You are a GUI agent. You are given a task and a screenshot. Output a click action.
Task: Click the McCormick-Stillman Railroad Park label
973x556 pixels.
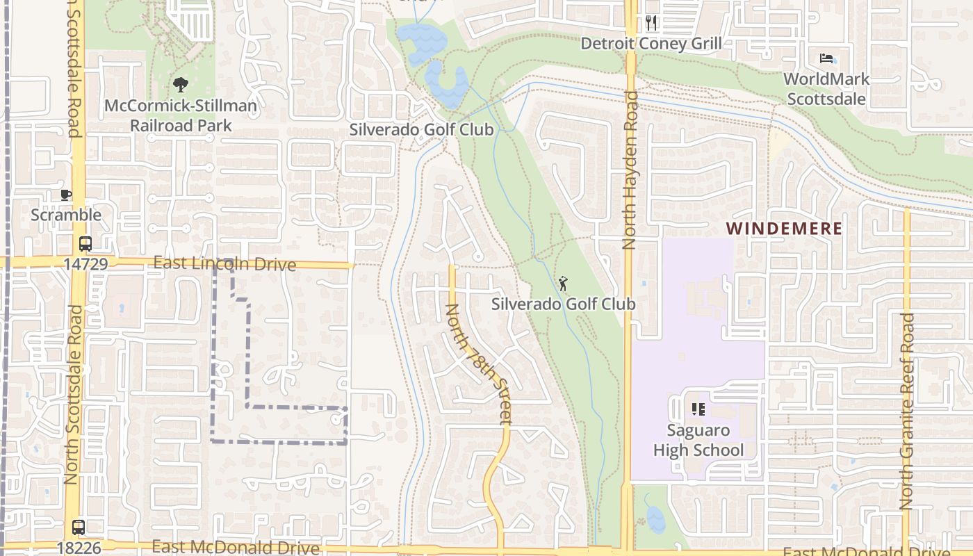pyautogui.click(x=181, y=116)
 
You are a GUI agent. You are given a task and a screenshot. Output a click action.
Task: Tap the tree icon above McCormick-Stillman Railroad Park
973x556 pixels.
pyautogui.click(x=181, y=85)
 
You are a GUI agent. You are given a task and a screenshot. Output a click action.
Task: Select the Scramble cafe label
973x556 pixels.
pyautogui.click(x=66, y=215)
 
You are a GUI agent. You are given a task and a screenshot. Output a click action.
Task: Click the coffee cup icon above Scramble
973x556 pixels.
pyautogui.click(x=66, y=195)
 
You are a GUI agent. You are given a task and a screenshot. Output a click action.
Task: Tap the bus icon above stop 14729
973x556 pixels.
pyautogui.click(x=85, y=244)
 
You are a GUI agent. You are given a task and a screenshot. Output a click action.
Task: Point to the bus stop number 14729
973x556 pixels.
pyautogui.click(x=85, y=264)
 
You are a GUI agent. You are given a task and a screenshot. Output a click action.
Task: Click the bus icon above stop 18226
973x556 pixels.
pyautogui.click(x=79, y=528)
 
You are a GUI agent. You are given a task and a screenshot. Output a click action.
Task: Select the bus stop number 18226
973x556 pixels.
pyautogui.click(x=79, y=548)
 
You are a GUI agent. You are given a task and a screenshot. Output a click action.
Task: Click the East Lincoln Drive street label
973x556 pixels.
pyautogui.click(x=224, y=264)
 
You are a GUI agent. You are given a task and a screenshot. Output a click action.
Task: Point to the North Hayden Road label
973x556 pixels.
pyautogui.click(x=630, y=170)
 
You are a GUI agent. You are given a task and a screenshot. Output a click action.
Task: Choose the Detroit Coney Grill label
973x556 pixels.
pyautogui.click(x=651, y=43)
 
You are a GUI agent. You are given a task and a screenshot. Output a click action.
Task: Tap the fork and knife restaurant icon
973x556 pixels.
pyautogui.click(x=651, y=23)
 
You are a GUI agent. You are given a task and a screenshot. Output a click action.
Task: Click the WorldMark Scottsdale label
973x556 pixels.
pyautogui.click(x=826, y=89)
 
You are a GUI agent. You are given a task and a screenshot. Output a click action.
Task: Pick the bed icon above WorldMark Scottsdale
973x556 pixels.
pyautogui.click(x=826, y=58)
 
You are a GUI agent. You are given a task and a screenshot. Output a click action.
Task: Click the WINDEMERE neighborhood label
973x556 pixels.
pyautogui.click(x=784, y=229)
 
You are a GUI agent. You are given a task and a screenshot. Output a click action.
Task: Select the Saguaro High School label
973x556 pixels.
pyautogui.click(x=698, y=440)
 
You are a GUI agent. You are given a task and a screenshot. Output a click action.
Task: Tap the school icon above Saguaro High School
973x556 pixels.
pyautogui.click(x=698, y=409)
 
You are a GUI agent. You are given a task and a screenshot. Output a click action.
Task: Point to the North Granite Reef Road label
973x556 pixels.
pyautogui.click(x=907, y=411)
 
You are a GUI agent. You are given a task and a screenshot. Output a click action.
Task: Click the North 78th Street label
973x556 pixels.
pyautogui.click(x=479, y=363)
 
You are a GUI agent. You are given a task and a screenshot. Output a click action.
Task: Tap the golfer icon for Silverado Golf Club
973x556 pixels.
pyautogui.click(x=563, y=284)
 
